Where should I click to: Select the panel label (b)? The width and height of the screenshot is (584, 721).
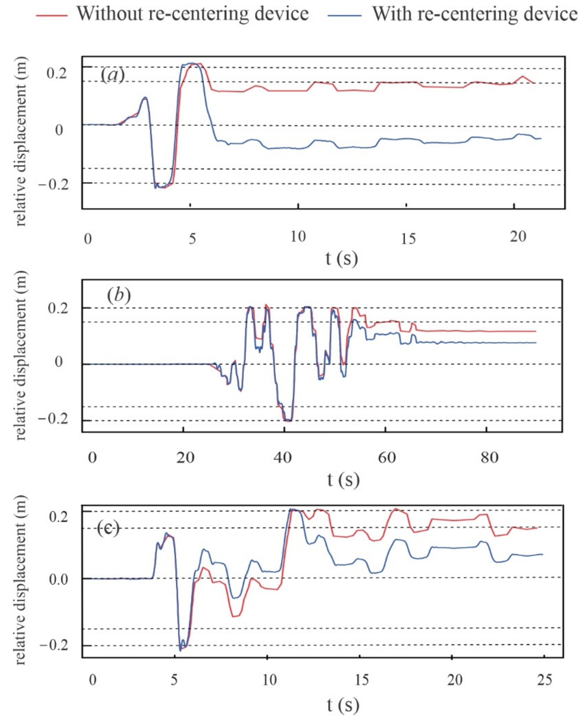pos(118,296)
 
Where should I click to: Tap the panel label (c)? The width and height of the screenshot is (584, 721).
pos(108,529)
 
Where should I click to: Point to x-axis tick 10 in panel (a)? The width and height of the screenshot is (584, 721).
pos(298,237)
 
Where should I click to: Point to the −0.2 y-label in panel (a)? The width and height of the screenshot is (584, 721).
pos(53,184)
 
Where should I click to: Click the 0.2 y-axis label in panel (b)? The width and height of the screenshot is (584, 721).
pos(58,308)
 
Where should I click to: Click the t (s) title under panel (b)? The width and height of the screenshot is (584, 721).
pos(343,480)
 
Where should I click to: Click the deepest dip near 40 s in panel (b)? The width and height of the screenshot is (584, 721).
pos(288,420)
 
